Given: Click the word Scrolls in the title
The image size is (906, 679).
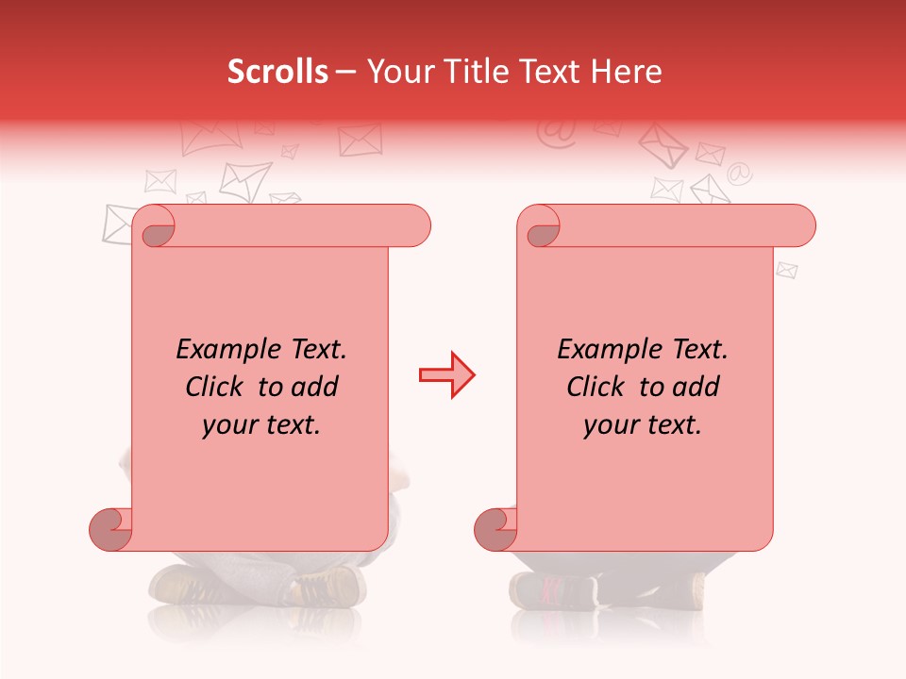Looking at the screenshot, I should tap(278, 72).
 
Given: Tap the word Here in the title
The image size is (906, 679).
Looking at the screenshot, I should tap(627, 72).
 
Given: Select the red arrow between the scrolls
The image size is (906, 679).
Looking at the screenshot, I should tap(446, 375).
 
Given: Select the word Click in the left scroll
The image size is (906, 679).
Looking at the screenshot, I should tap(217, 387).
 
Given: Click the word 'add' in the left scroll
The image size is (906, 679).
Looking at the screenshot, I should tap(313, 387).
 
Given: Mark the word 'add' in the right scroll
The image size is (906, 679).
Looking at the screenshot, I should tap(695, 387).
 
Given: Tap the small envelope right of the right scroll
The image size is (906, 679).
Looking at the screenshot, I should tap(786, 271).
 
